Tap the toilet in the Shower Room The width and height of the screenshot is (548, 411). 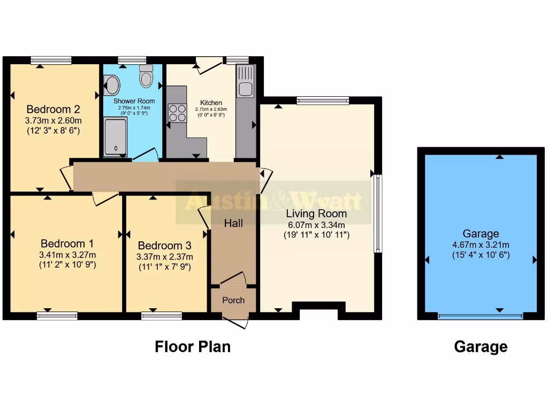[146, 77]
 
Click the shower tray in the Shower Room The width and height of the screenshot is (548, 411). [115, 137]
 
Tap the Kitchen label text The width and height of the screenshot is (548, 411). [211, 103]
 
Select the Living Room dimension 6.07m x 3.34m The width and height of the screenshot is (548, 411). [317, 224]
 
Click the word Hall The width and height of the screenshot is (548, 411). [233, 223]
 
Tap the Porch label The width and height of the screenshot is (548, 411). [233, 300]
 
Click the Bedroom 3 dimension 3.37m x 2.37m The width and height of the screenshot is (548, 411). [164, 256]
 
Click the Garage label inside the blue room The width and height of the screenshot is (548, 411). [481, 233]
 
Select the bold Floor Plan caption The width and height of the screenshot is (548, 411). [193, 346]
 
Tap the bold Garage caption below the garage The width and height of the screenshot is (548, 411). [481, 347]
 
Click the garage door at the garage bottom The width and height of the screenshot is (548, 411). [480, 316]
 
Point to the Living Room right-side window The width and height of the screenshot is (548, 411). [377, 213]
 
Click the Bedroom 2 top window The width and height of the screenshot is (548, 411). [51, 60]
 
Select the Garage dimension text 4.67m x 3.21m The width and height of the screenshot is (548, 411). [481, 245]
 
